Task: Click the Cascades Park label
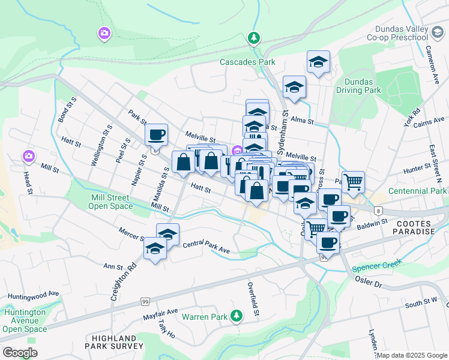point(247,62)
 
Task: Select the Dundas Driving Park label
point(363,86)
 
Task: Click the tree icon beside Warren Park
point(237,315)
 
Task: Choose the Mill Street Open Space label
point(111,202)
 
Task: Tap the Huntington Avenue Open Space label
point(24,320)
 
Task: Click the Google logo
point(20,353)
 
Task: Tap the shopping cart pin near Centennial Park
point(353,181)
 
